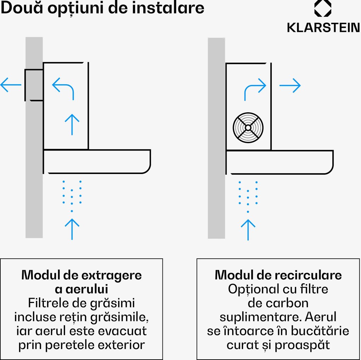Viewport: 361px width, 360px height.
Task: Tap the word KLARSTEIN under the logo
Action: (x=323, y=28)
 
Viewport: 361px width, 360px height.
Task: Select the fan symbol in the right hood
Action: (x=248, y=128)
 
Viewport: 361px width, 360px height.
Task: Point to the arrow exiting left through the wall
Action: (x=11, y=85)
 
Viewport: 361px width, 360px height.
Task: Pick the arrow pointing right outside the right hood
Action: (x=290, y=85)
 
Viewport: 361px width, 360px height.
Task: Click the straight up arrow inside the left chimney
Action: (x=72, y=124)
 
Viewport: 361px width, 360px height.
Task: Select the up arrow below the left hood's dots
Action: (x=72, y=229)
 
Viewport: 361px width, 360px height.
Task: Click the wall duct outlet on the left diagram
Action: (x=34, y=85)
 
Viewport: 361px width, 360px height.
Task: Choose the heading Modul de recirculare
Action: (x=278, y=275)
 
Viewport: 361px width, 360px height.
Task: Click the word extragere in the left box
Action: (x=111, y=275)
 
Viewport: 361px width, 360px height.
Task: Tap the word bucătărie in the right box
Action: (x=320, y=331)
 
